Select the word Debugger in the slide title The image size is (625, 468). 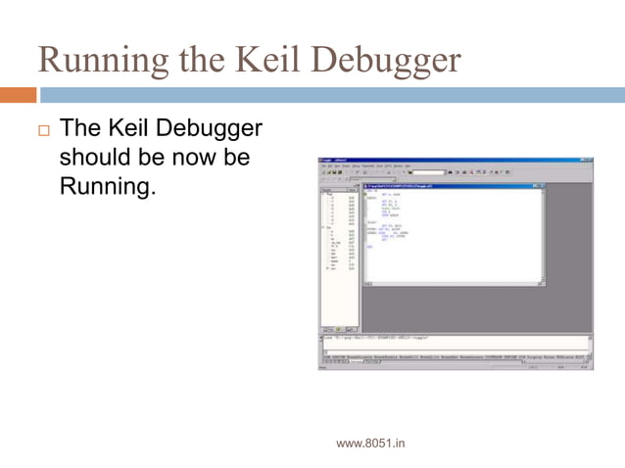pyautogui.click(x=386, y=61)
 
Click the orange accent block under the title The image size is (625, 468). pyautogui.click(x=18, y=95)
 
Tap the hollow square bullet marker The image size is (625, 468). pyautogui.click(x=42, y=129)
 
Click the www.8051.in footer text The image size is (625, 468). pyautogui.click(x=370, y=444)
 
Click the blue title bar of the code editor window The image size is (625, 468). pyautogui.click(x=451, y=186)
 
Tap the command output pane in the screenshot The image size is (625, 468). pyautogui.click(x=451, y=342)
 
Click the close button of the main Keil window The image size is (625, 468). pyautogui.click(x=590, y=160)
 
